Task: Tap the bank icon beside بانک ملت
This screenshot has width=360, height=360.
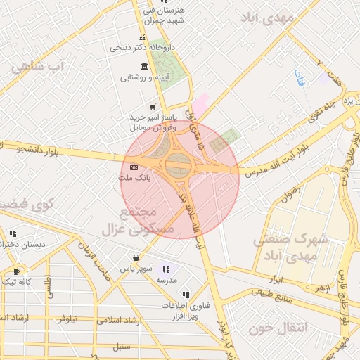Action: tap(134, 167)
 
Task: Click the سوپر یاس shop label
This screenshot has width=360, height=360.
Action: tap(134, 269)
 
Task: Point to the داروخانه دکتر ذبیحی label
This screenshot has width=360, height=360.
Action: tap(141, 48)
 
